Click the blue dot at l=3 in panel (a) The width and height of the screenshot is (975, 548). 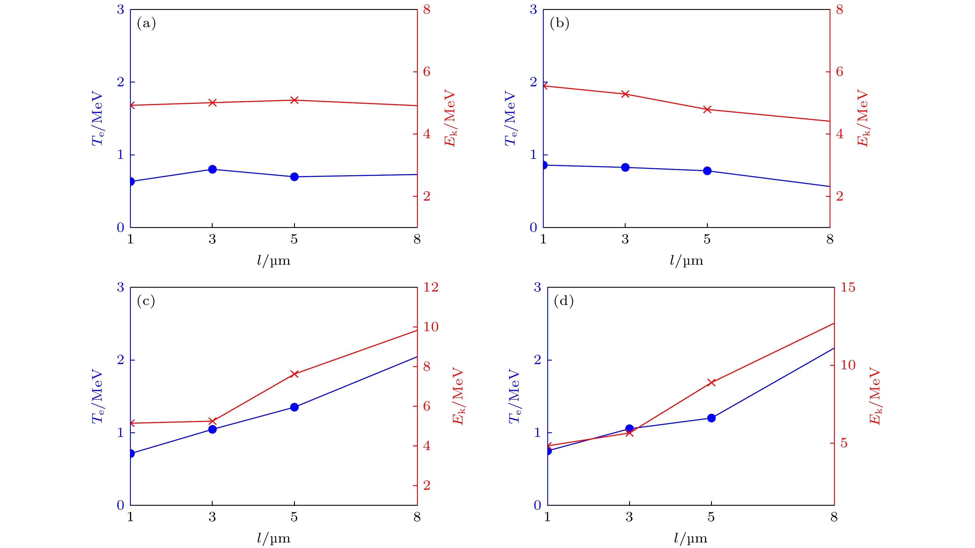(212, 169)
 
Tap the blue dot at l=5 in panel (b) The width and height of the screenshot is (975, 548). (707, 171)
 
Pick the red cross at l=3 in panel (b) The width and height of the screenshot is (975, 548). (625, 94)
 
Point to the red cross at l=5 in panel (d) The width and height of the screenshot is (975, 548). (712, 382)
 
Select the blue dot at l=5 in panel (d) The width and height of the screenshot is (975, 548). (712, 418)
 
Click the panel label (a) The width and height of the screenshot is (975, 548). (146, 24)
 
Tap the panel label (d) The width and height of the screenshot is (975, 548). (564, 301)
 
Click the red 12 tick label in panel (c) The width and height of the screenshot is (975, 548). (431, 287)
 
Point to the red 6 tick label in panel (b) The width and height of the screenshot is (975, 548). (840, 72)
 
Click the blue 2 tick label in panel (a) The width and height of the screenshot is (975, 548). (120, 82)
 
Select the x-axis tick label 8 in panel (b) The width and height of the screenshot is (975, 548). (830, 239)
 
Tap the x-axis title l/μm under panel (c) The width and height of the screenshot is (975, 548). (273, 538)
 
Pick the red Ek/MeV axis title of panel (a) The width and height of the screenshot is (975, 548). (450, 118)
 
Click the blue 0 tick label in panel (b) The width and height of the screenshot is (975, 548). (533, 227)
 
